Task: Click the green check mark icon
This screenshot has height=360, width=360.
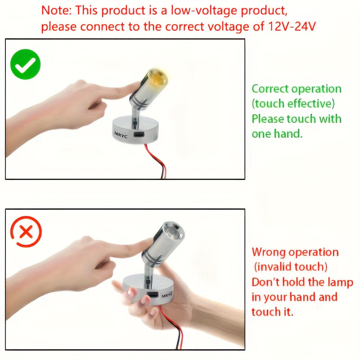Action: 25,64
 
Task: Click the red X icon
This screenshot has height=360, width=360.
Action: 26,231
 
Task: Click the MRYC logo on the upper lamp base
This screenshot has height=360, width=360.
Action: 121,135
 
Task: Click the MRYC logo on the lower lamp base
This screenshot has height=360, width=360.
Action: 167,295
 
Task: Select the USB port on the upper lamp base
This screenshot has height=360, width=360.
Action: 138,135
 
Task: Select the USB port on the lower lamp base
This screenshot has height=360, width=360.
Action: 153,295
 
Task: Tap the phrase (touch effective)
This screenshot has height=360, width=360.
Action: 293,103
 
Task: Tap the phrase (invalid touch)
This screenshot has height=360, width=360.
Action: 290,267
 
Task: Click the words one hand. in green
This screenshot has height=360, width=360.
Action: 277,134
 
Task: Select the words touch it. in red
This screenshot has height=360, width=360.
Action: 272,312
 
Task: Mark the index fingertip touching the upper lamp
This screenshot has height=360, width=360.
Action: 135,87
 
